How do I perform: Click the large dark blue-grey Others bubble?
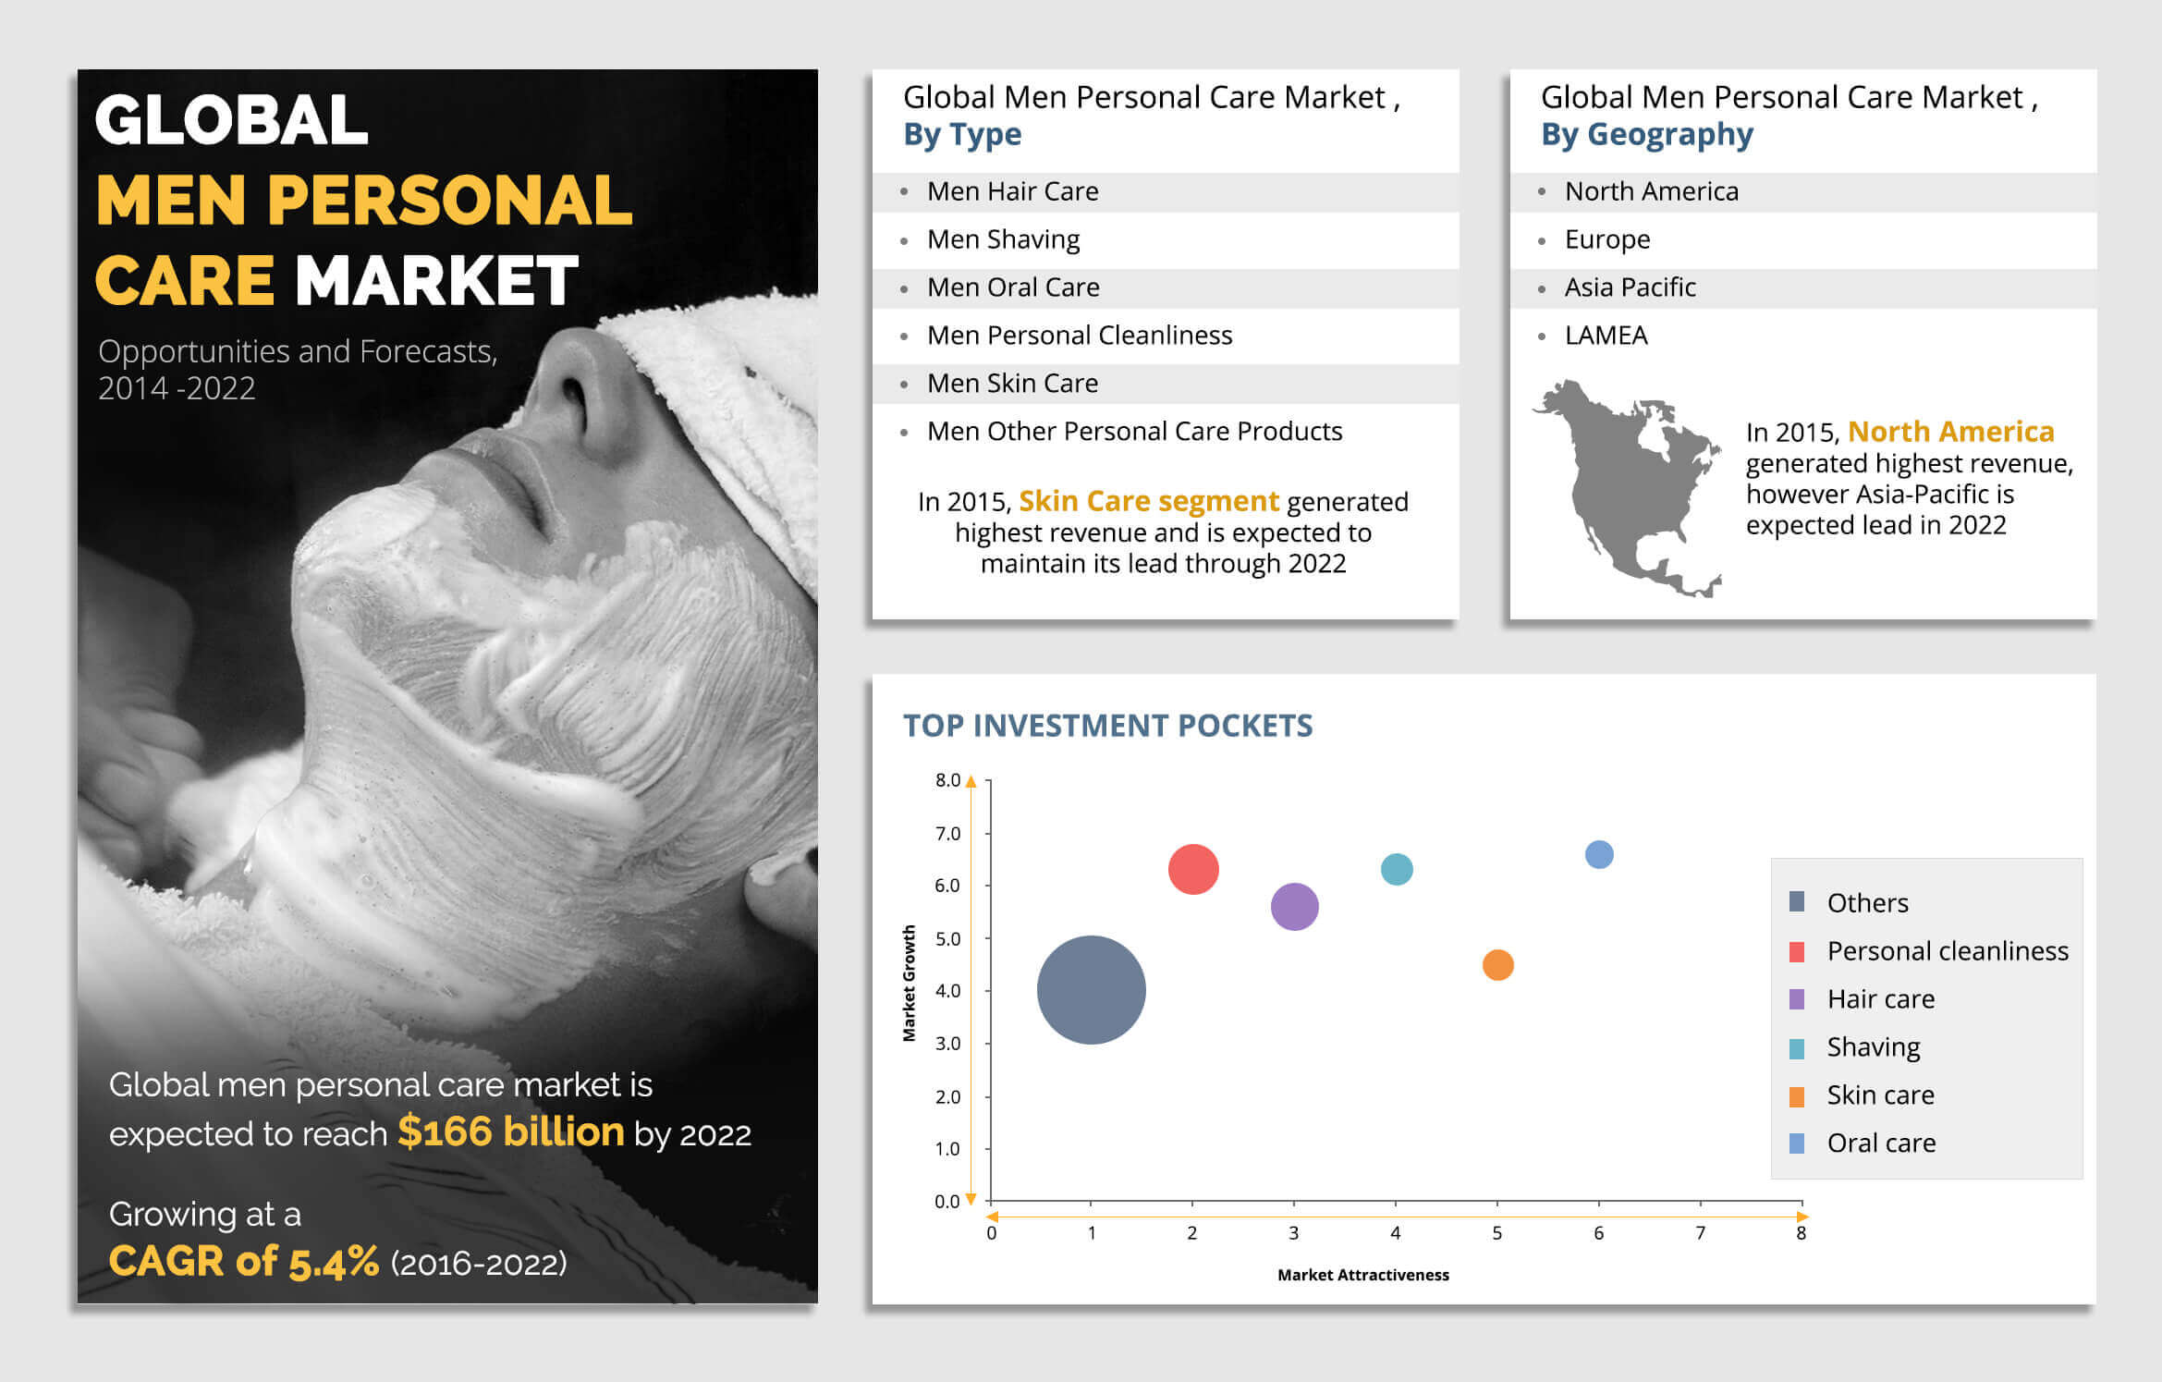coord(1091,990)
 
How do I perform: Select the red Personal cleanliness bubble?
coord(1193,869)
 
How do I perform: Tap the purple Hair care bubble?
coord(1294,907)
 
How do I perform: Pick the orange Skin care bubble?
coord(1497,965)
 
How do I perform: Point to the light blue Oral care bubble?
coord(1599,854)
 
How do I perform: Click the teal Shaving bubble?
coord(1397,869)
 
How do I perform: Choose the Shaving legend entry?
coord(1855,1047)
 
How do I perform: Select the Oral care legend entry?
coord(1863,1144)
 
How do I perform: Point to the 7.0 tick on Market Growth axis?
coord(947,833)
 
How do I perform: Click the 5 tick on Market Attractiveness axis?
coord(1496,1233)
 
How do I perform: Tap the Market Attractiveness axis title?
coord(1363,1275)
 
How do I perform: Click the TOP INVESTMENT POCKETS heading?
coord(1107,726)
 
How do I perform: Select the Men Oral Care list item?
coord(1013,287)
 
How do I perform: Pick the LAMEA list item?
coord(1606,336)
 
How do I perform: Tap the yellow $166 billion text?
coord(511,1131)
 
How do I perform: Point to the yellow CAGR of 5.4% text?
coord(244,1262)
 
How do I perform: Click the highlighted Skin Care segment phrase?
coord(1149,501)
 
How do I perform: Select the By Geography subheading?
coord(1647,135)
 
